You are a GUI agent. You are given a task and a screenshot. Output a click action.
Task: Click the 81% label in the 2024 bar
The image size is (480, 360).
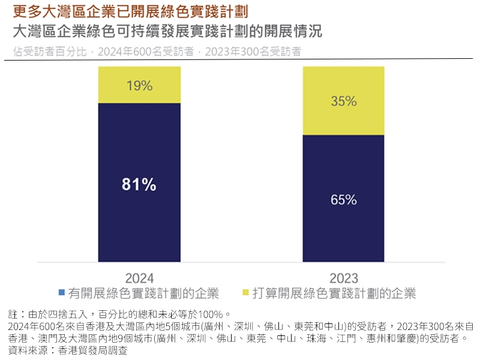(x=139, y=185)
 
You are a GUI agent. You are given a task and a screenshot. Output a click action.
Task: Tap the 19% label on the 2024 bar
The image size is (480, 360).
(x=139, y=86)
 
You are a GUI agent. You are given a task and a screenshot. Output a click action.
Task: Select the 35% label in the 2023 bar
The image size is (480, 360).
(x=344, y=101)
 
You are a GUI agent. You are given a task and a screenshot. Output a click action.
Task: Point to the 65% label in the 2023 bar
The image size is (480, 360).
(x=344, y=199)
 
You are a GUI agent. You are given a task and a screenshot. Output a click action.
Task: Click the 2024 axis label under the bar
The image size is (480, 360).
(x=139, y=278)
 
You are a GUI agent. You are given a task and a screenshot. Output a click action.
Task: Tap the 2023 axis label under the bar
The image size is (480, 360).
(x=344, y=278)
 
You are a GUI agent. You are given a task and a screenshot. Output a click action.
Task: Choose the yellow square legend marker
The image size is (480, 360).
(x=245, y=293)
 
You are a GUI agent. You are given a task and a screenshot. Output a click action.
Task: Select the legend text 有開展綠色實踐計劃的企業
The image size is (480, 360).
(x=143, y=294)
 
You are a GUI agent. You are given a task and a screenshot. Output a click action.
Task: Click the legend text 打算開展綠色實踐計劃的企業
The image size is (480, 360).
(x=334, y=294)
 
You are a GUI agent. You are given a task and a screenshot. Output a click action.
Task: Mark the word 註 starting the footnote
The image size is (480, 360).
(x=12, y=314)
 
